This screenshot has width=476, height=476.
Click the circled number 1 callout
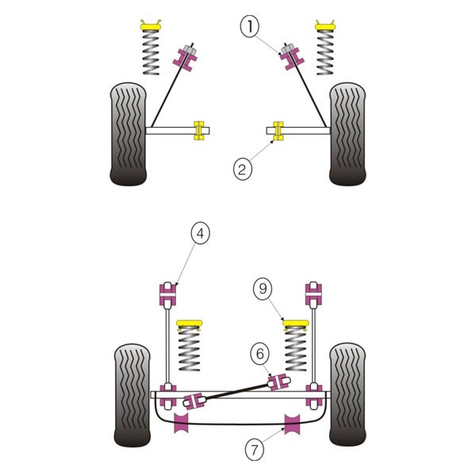point(250,27)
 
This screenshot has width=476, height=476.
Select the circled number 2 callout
point(243,170)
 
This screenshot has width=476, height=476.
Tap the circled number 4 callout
point(201,233)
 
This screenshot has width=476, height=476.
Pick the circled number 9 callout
point(263,289)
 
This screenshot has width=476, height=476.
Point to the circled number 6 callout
point(260,354)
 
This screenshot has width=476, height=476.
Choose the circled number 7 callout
point(255,449)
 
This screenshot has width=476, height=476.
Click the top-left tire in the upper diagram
point(128,134)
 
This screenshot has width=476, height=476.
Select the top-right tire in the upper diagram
point(347,134)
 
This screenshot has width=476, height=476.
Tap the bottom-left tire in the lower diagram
point(132,395)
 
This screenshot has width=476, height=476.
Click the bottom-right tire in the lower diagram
point(347,394)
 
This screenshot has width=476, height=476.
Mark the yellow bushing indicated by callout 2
point(278,131)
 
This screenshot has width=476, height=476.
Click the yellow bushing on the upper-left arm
point(199,131)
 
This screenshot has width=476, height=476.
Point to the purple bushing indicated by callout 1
point(292,59)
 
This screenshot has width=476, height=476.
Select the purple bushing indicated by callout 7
point(292,424)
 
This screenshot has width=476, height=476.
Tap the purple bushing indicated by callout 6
point(278,382)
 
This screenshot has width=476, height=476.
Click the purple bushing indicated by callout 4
point(167,294)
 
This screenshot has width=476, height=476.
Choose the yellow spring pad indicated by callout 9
point(296,324)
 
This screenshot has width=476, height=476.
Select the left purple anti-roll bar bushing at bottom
point(181,423)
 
